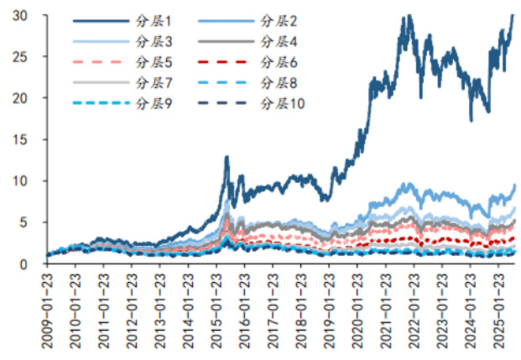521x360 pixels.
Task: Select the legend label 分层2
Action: click(x=279, y=20)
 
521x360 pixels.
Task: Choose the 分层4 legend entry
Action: click(x=279, y=40)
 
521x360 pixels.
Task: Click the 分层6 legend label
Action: click(x=279, y=60)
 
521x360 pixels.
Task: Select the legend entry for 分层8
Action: click(x=279, y=81)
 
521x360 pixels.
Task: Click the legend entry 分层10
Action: click(x=283, y=102)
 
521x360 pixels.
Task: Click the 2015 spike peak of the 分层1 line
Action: click(x=227, y=157)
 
